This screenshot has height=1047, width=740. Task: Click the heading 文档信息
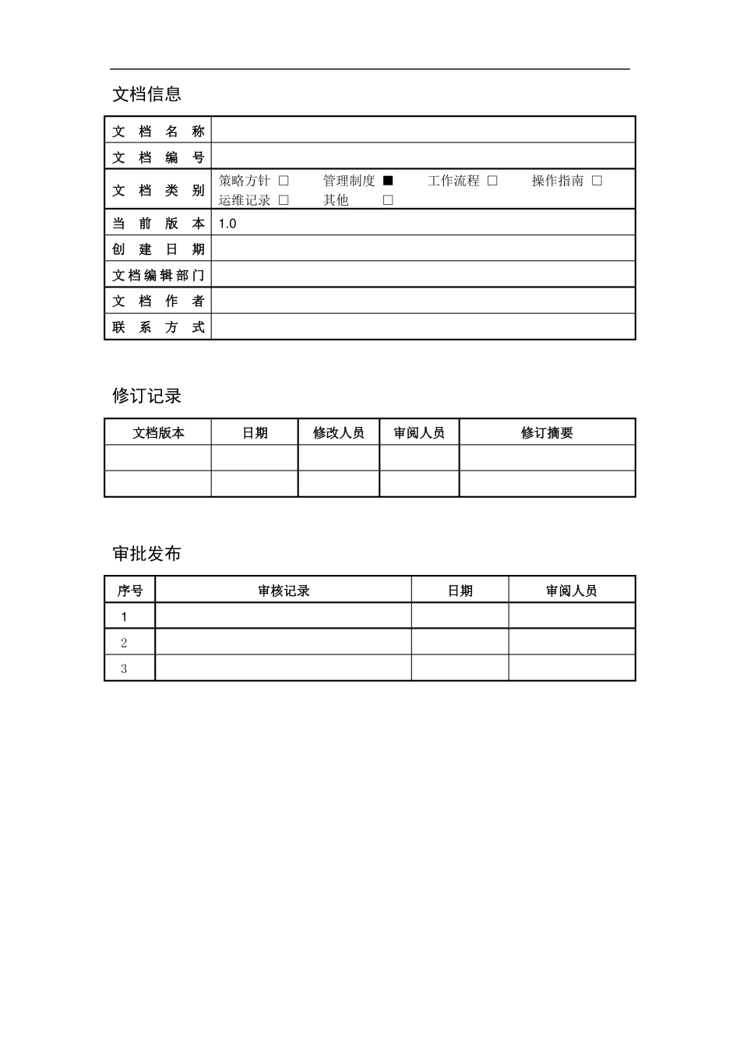pyautogui.click(x=146, y=94)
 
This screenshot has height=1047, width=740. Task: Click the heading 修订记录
pyautogui.click(x=146, y=396)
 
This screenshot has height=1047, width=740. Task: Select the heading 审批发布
pyautogui.click(x=146, y=554)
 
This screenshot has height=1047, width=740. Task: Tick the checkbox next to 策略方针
pyautogui.click(x=284, y=181)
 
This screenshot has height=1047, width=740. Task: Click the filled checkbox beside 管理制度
pyautogui.click(x=388, y=181)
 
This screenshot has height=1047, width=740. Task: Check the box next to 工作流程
pyautogui.click(x=492, y=181)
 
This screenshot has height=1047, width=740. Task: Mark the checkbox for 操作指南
pyautogui.click(x=597, y=181)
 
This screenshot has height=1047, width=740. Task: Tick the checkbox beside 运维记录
pyautogui.click(x=284, y=200)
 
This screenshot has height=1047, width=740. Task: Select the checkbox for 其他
pyautogui.click(x=388, y=200)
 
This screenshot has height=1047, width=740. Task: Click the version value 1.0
pyautogui.click(x=227, y=224)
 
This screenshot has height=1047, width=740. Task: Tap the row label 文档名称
pyautogui.click(x=158, y=131)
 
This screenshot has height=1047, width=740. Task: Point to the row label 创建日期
pyautogui.click(x=158, y=249)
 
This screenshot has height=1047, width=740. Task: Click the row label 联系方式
pyautogui.click(x=158, y=327)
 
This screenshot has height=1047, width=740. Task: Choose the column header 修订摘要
pyautogui.click(x=547, y=433)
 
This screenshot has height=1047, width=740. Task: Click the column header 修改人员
pyautogui.click(x=338, y=433)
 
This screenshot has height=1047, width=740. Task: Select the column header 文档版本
pyautogui.click(x=158, y=433)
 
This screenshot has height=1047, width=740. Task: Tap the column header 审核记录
pyautogui.click(x=284, y=591)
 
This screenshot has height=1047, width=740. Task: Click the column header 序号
pyautogui.click(x=130, y=591)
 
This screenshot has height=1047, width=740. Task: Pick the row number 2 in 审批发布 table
pyautogui.click(x=124, y=643)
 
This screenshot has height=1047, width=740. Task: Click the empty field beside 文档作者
pyautogui.click(x=423, y=301)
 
